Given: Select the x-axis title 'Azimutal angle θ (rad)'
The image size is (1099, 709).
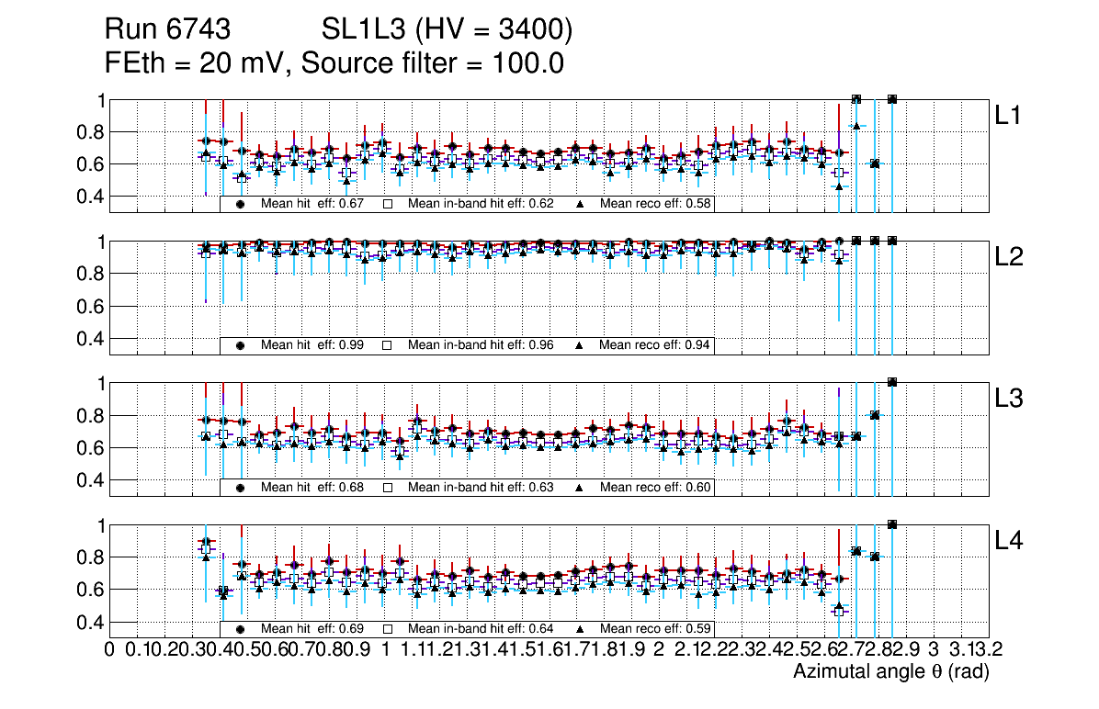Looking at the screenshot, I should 890,672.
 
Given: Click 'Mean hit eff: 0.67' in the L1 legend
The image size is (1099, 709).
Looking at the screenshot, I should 312,204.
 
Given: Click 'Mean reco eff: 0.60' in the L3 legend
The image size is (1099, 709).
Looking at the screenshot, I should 655,487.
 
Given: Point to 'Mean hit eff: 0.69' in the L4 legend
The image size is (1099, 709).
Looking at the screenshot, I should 312,629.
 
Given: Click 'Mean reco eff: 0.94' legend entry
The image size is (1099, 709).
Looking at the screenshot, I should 655,345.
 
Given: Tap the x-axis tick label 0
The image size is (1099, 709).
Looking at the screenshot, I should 109,650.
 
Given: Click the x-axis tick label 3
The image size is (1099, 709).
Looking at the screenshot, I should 933,650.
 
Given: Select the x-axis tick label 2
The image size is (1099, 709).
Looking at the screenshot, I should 659,650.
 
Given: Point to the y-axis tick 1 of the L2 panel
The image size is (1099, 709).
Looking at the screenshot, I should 99,242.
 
